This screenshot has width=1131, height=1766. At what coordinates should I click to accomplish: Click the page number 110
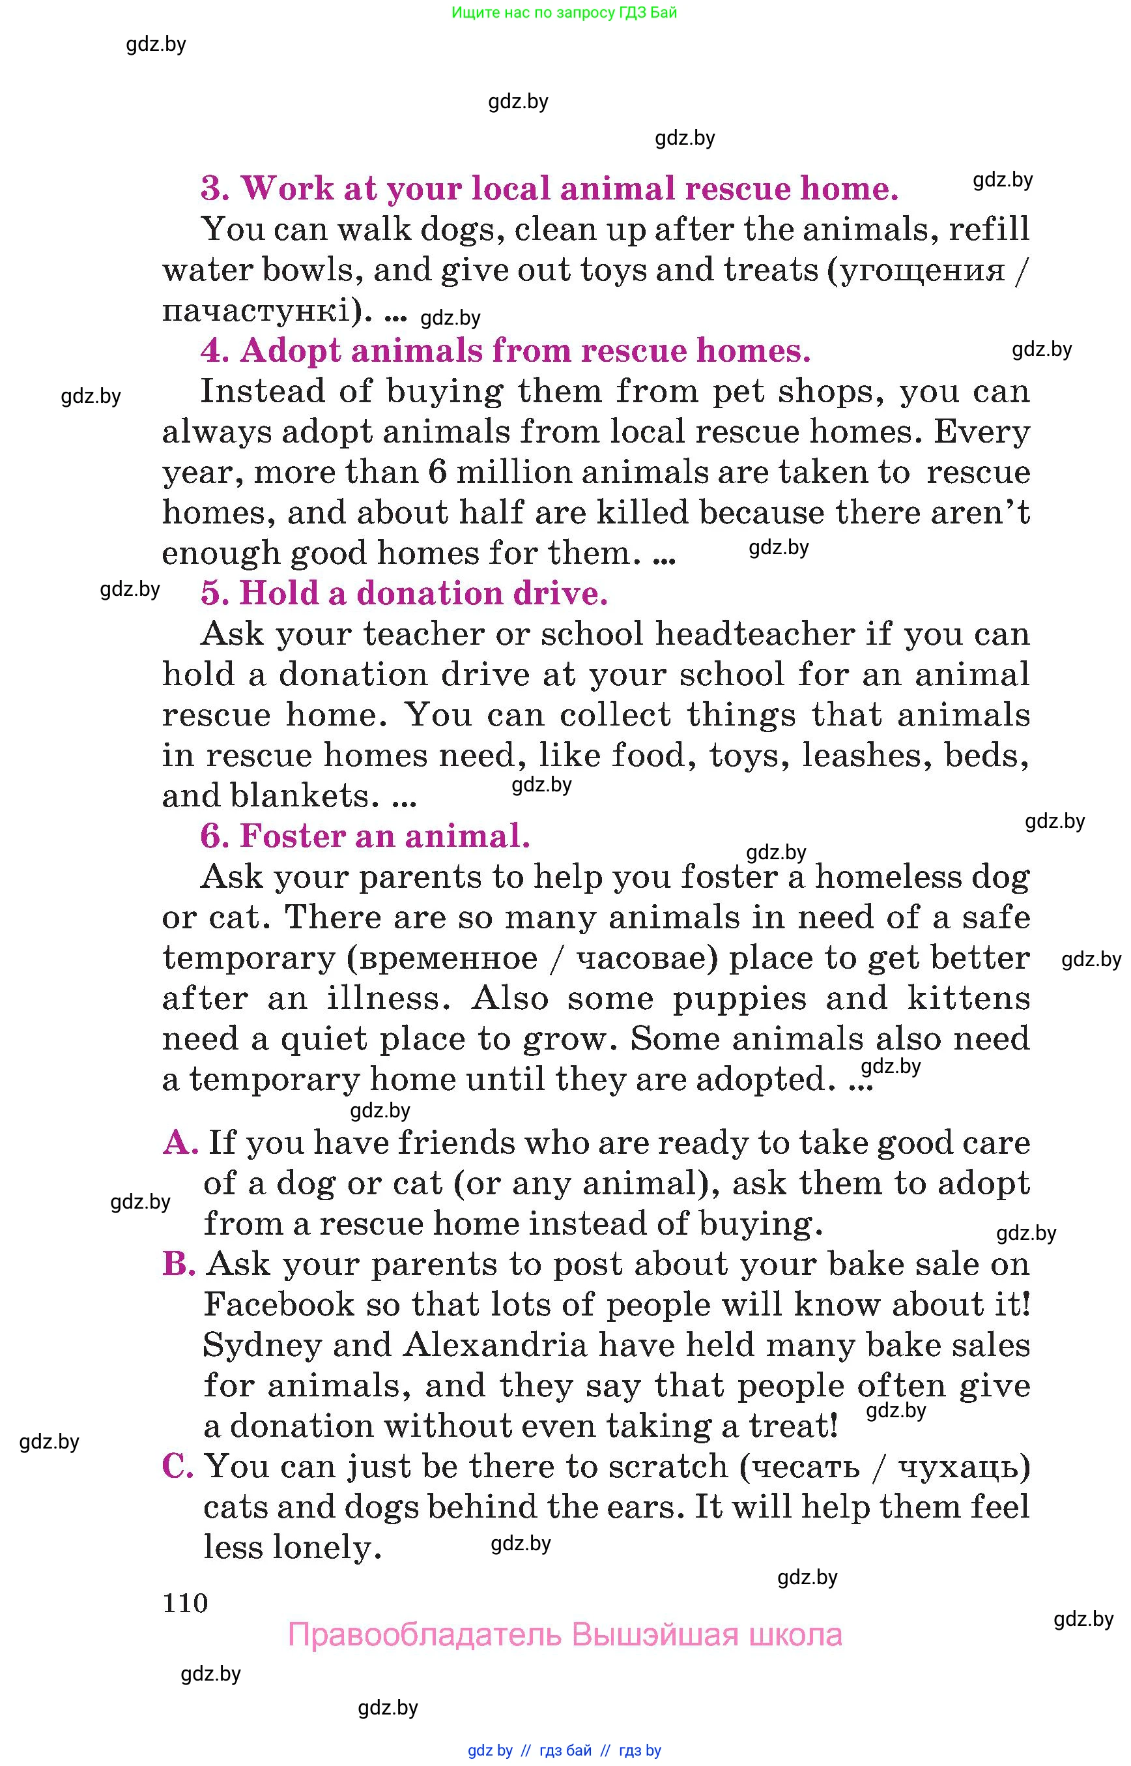coord(185,1602)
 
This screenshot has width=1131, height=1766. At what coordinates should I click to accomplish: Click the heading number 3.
coord(214,189)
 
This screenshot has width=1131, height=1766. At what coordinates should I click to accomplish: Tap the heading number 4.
coord(214,351)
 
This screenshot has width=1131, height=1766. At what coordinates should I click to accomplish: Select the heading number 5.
coord(214,593)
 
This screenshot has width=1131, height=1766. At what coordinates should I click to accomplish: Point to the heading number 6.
coord(214,836)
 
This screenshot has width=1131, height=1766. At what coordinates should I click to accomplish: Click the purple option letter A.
coord(180,1143)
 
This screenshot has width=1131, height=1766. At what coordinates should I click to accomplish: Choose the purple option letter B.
coord(179,1264)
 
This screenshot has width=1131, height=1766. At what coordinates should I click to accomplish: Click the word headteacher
coord(755,634)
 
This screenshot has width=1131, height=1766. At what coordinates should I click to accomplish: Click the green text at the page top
coord(564,12)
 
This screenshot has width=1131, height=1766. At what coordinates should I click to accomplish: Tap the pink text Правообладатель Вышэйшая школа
coord(564,1634)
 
